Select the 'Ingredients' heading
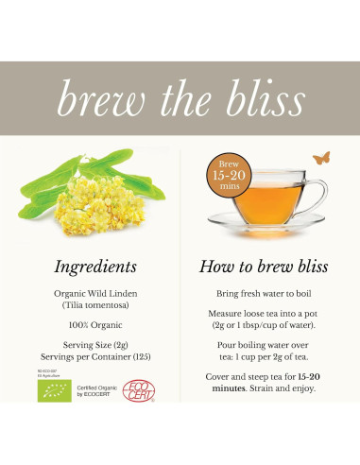coord(96,268)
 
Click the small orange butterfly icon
coord(323,159)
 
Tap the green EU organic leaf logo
coord(54,389)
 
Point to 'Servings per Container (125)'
coord(96,358)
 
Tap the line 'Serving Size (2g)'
coord(96,346)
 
